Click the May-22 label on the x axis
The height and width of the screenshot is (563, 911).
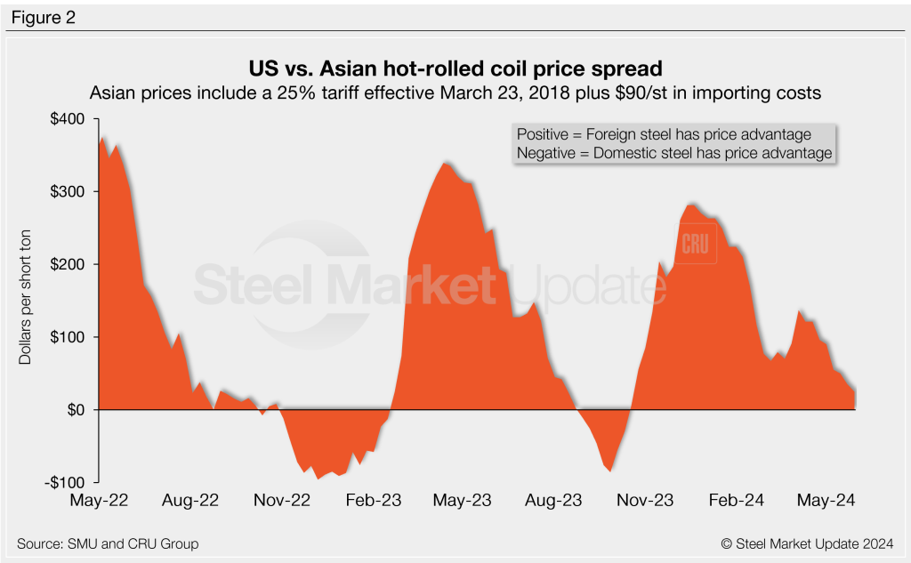click(x=99, y=501)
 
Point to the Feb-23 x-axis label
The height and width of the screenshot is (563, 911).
click(x=373, y=501)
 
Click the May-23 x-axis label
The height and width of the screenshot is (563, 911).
click(x=463, y=501)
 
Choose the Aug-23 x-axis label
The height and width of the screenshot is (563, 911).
click(x=552, y=501)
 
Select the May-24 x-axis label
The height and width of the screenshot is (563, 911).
click(x=826, y=501)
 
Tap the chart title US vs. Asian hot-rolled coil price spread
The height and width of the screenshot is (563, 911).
click(x=455, y=69)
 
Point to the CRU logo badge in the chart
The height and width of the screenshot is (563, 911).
click(x=697, y=245)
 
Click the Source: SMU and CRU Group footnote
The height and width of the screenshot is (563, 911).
click(x=108, y=543)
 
